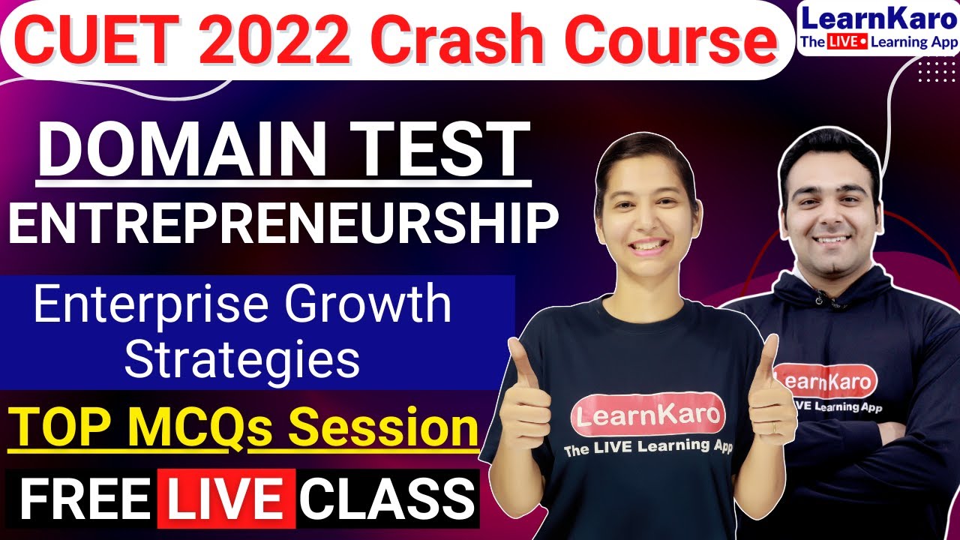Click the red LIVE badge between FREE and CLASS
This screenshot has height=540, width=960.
225,497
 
